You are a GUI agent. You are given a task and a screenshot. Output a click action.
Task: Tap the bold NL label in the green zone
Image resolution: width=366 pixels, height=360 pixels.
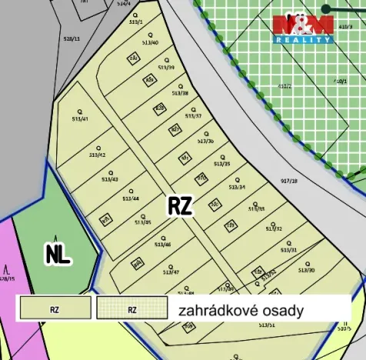click(x=58, y=254)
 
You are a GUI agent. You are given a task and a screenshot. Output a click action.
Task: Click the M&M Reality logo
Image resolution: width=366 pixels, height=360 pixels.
click(x=303, y=28)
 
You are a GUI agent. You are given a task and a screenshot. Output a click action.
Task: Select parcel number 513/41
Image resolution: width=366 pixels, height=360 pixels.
click(x=80, y=119)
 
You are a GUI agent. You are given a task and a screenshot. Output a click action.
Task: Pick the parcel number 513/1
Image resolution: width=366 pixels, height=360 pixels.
click(x=136, y=23)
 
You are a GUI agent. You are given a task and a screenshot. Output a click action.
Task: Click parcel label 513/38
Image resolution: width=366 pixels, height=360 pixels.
click(x=179, y=93)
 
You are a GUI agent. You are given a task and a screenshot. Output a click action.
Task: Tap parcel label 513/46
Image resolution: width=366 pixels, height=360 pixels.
click(x=162, y=245)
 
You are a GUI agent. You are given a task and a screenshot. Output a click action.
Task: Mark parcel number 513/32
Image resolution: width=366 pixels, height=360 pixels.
click(x=274, y=228)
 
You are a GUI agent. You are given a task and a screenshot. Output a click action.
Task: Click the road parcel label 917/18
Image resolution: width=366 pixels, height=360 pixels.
click(x=289, y=182)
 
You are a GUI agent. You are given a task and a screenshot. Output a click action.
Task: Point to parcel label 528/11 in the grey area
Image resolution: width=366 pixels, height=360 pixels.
click(x=72, y=38)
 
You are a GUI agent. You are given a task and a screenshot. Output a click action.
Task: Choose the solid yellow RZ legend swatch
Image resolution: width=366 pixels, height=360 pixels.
click(x=55, y=310)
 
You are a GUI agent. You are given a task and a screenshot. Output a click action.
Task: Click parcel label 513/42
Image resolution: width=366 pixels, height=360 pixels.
click(x=97, y=155)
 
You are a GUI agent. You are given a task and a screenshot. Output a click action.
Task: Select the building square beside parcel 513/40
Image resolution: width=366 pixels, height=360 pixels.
click(x=133, y=58)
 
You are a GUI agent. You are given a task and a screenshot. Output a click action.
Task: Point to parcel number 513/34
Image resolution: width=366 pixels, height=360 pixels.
click(x=237, y=187)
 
